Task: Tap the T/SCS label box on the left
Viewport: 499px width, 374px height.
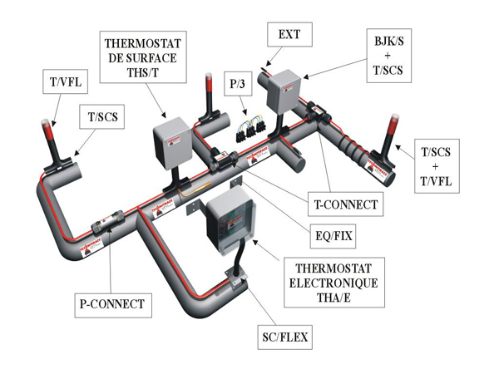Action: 103,117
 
